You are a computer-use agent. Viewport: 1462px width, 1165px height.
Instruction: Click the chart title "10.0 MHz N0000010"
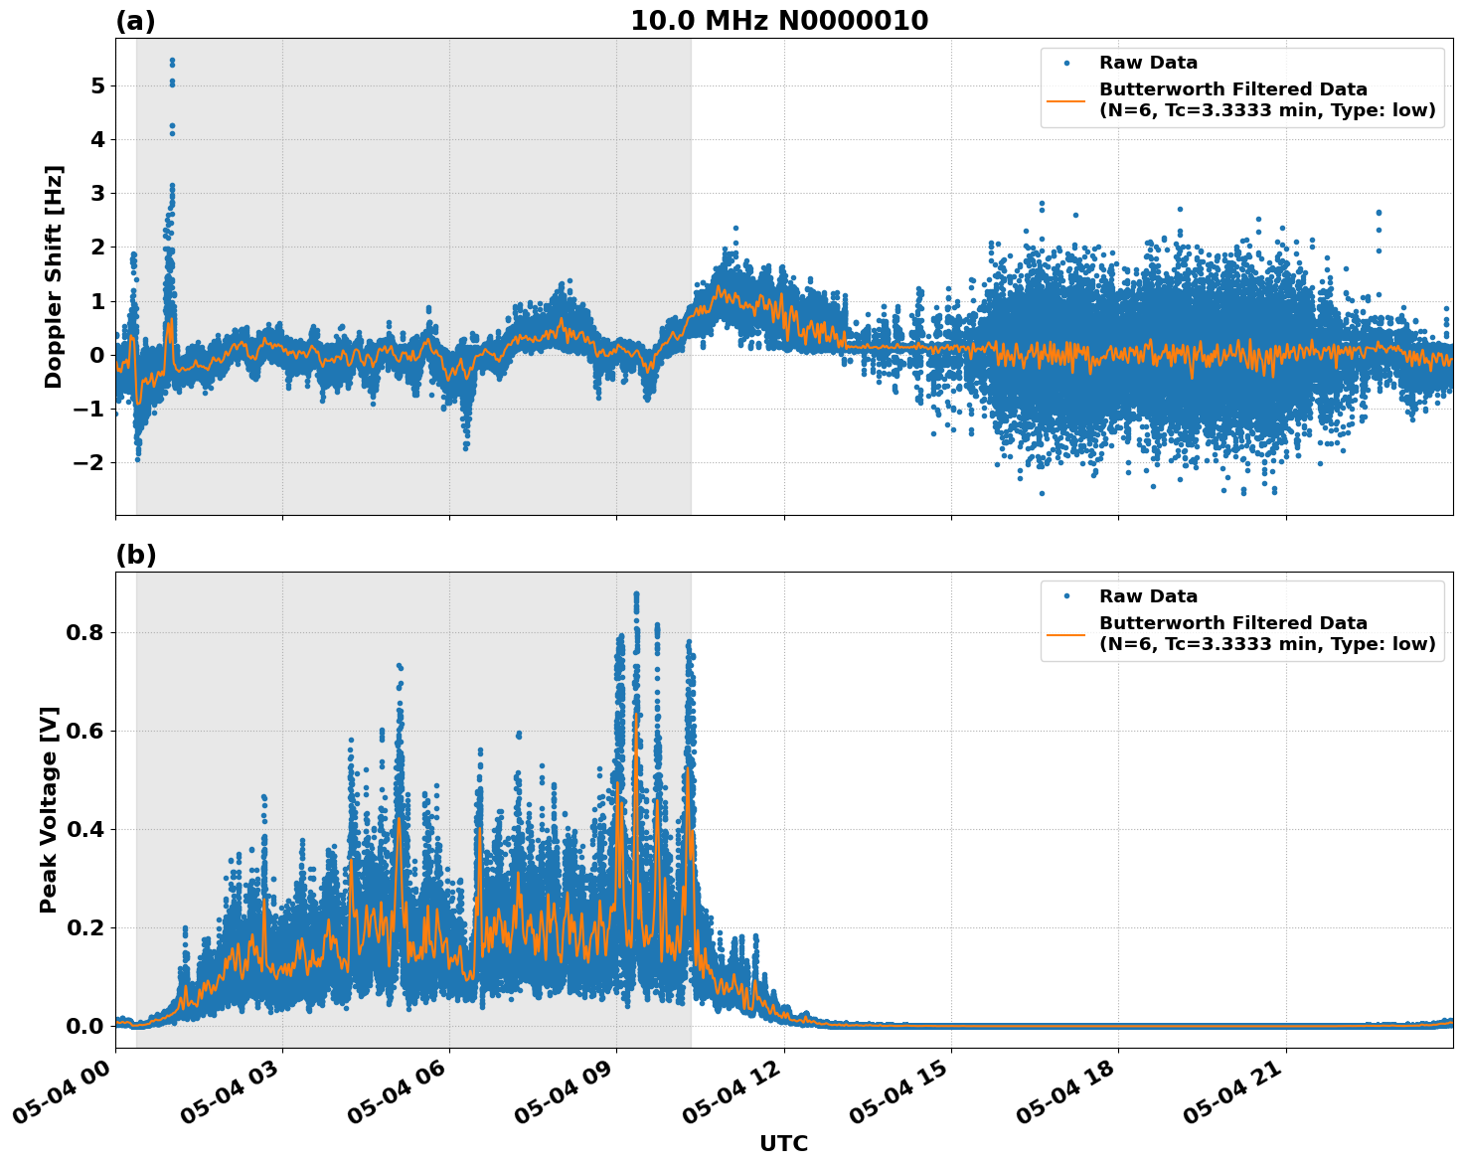pos(778,21)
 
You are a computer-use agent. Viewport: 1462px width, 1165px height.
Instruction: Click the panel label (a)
pos(135,21)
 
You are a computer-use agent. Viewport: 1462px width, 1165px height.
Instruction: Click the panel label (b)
pos(135,555)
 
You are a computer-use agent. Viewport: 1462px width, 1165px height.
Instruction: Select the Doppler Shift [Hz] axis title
pos(54,276)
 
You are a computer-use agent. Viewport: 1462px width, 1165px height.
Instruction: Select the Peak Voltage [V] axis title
pos(49,809)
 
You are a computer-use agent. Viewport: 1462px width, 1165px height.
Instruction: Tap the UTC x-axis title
pos(783,1143)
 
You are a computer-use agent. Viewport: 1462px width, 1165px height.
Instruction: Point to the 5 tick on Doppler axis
pos(97,85)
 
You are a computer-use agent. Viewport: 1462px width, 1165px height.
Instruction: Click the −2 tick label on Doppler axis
pos(89,462)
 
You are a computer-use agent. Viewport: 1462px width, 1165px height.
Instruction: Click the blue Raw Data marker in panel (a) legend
pos(1066,63)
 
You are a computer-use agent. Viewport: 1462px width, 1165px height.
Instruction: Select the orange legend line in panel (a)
pos(1066,99)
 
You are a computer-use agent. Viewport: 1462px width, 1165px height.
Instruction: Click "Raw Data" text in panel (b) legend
pos(1148,596)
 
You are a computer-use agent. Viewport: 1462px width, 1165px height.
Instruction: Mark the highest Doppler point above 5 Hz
pos(172,61)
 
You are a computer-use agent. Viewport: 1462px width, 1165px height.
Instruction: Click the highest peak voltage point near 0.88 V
pos(636,594)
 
